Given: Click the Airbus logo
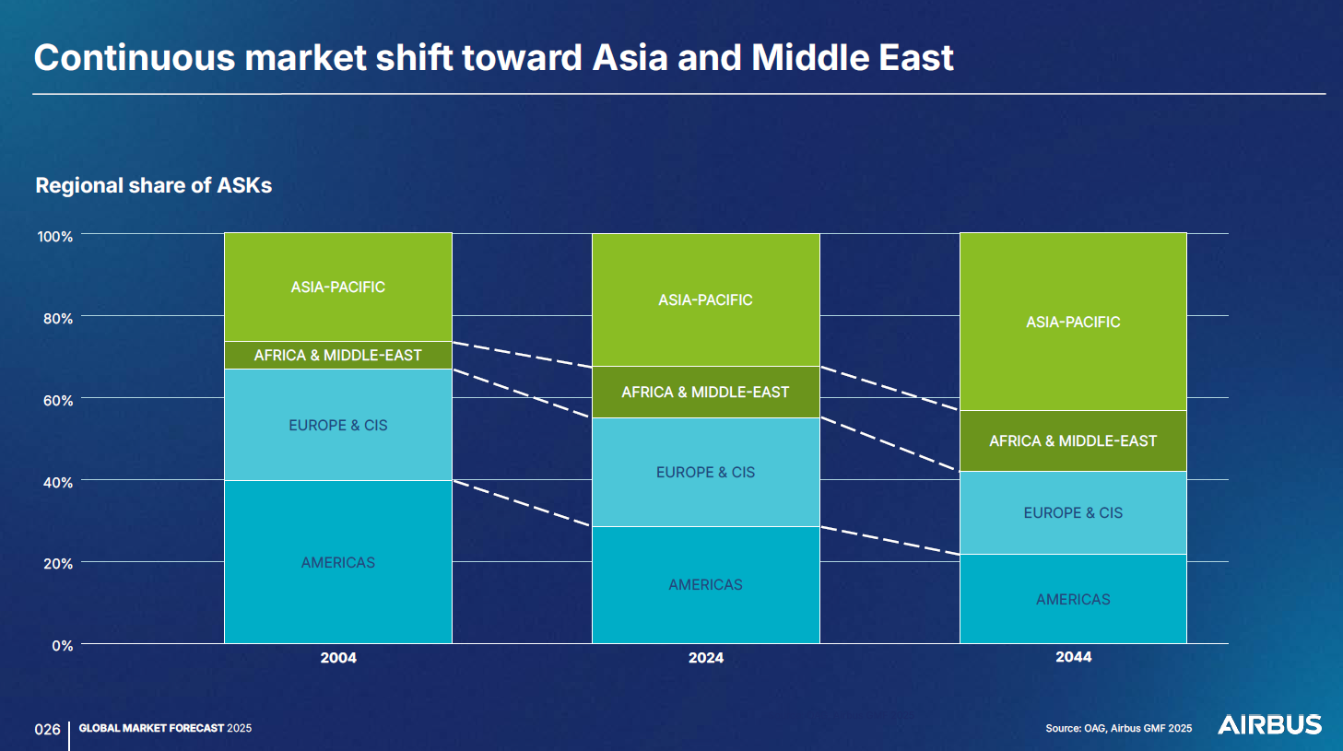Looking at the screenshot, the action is click(1269, 724).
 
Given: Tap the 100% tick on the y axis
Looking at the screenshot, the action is click(55, 237).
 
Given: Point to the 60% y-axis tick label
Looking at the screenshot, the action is click(57, 400).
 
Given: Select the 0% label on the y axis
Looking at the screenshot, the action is click(63, 646).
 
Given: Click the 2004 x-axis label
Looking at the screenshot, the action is click(338, 658).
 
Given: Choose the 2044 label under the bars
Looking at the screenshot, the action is click(1073, 657).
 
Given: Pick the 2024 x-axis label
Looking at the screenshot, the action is click(706, 658).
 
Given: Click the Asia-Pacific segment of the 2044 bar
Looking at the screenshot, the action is click(1073, 322).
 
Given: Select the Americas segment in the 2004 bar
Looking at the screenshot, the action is click(338, 561).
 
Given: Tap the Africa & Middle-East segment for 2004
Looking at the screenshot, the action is click(338, 355).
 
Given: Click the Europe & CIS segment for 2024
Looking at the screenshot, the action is click(706, 472).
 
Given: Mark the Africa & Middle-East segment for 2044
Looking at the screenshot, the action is click(1073, 440).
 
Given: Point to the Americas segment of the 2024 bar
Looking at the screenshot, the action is click(706, 585).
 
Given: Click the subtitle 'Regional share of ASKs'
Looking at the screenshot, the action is click(154, 185).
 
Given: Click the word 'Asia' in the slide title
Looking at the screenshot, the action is click(630, 57).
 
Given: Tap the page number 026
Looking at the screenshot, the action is click(47, 729).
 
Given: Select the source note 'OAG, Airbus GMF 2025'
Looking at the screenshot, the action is click(1138, 728).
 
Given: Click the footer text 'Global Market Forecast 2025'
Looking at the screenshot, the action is click(166, 728).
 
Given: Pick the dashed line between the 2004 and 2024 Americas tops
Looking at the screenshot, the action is click(523, 503).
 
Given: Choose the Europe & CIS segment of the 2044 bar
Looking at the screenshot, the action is click(1073, 512).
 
